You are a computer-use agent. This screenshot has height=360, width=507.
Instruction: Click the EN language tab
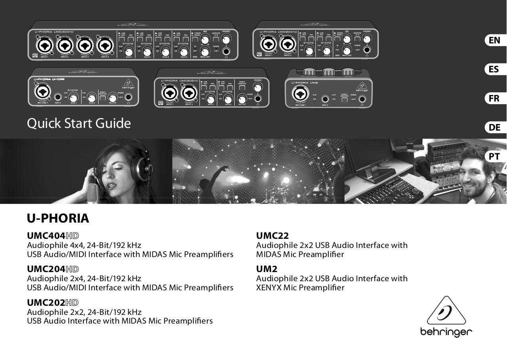pos(494,40)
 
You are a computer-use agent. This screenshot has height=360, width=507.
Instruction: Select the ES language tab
pos(494,69)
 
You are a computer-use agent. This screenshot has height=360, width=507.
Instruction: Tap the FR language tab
pos(494,98)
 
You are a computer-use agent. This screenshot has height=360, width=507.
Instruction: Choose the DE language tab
pos(494,127)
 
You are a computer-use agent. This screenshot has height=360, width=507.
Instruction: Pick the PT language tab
pos(494,156)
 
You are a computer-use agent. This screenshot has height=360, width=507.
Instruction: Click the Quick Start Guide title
pos(79,124)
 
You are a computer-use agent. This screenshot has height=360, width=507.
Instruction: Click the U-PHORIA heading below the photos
pos(58,218)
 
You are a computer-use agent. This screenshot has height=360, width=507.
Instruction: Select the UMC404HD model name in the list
pos(53,236)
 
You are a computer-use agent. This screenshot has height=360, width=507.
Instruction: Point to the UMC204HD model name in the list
pos(53,269)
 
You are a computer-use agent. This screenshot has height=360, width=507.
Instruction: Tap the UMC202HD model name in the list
pos(53,302)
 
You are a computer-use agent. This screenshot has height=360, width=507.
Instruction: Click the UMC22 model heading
pos(272,236)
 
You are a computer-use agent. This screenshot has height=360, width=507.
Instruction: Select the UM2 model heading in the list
pos(266,269)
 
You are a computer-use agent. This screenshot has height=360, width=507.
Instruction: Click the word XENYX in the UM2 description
pos(268,288)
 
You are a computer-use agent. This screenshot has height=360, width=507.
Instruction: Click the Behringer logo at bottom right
pos(446,317)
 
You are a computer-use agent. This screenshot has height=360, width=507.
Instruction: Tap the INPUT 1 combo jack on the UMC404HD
pos(43,45)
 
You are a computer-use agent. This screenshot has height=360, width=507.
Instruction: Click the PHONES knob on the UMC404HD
pos(226,39)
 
